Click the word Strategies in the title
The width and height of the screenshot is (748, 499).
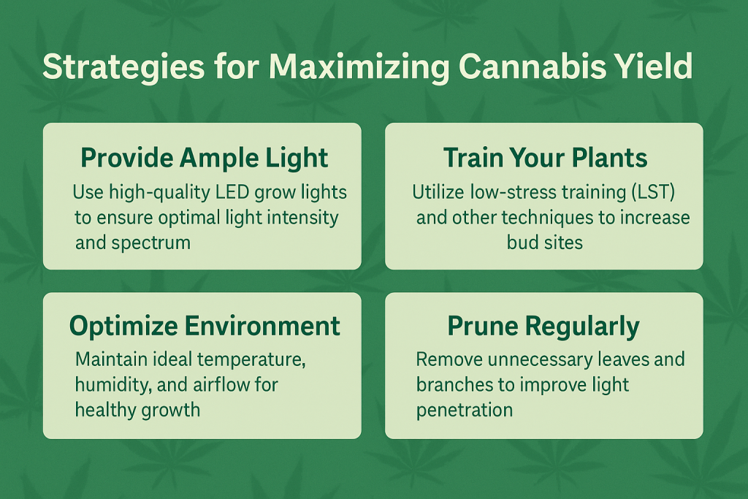pyautogui.click(x=123, y=67)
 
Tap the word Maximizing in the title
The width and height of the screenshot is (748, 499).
pyautogui.click(x=359, y=67)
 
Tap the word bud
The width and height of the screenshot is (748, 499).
pyautogui.click(x=522, y=243)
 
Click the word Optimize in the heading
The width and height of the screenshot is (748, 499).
pyautogui.click(x=123, y=327)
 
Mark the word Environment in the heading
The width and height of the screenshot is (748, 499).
pyautogui.click(x=262, y=327)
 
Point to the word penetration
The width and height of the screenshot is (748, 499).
pyautogui.click(x=464, y=411)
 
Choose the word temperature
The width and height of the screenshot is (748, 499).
pyautogui.click(x=250, y=360)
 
